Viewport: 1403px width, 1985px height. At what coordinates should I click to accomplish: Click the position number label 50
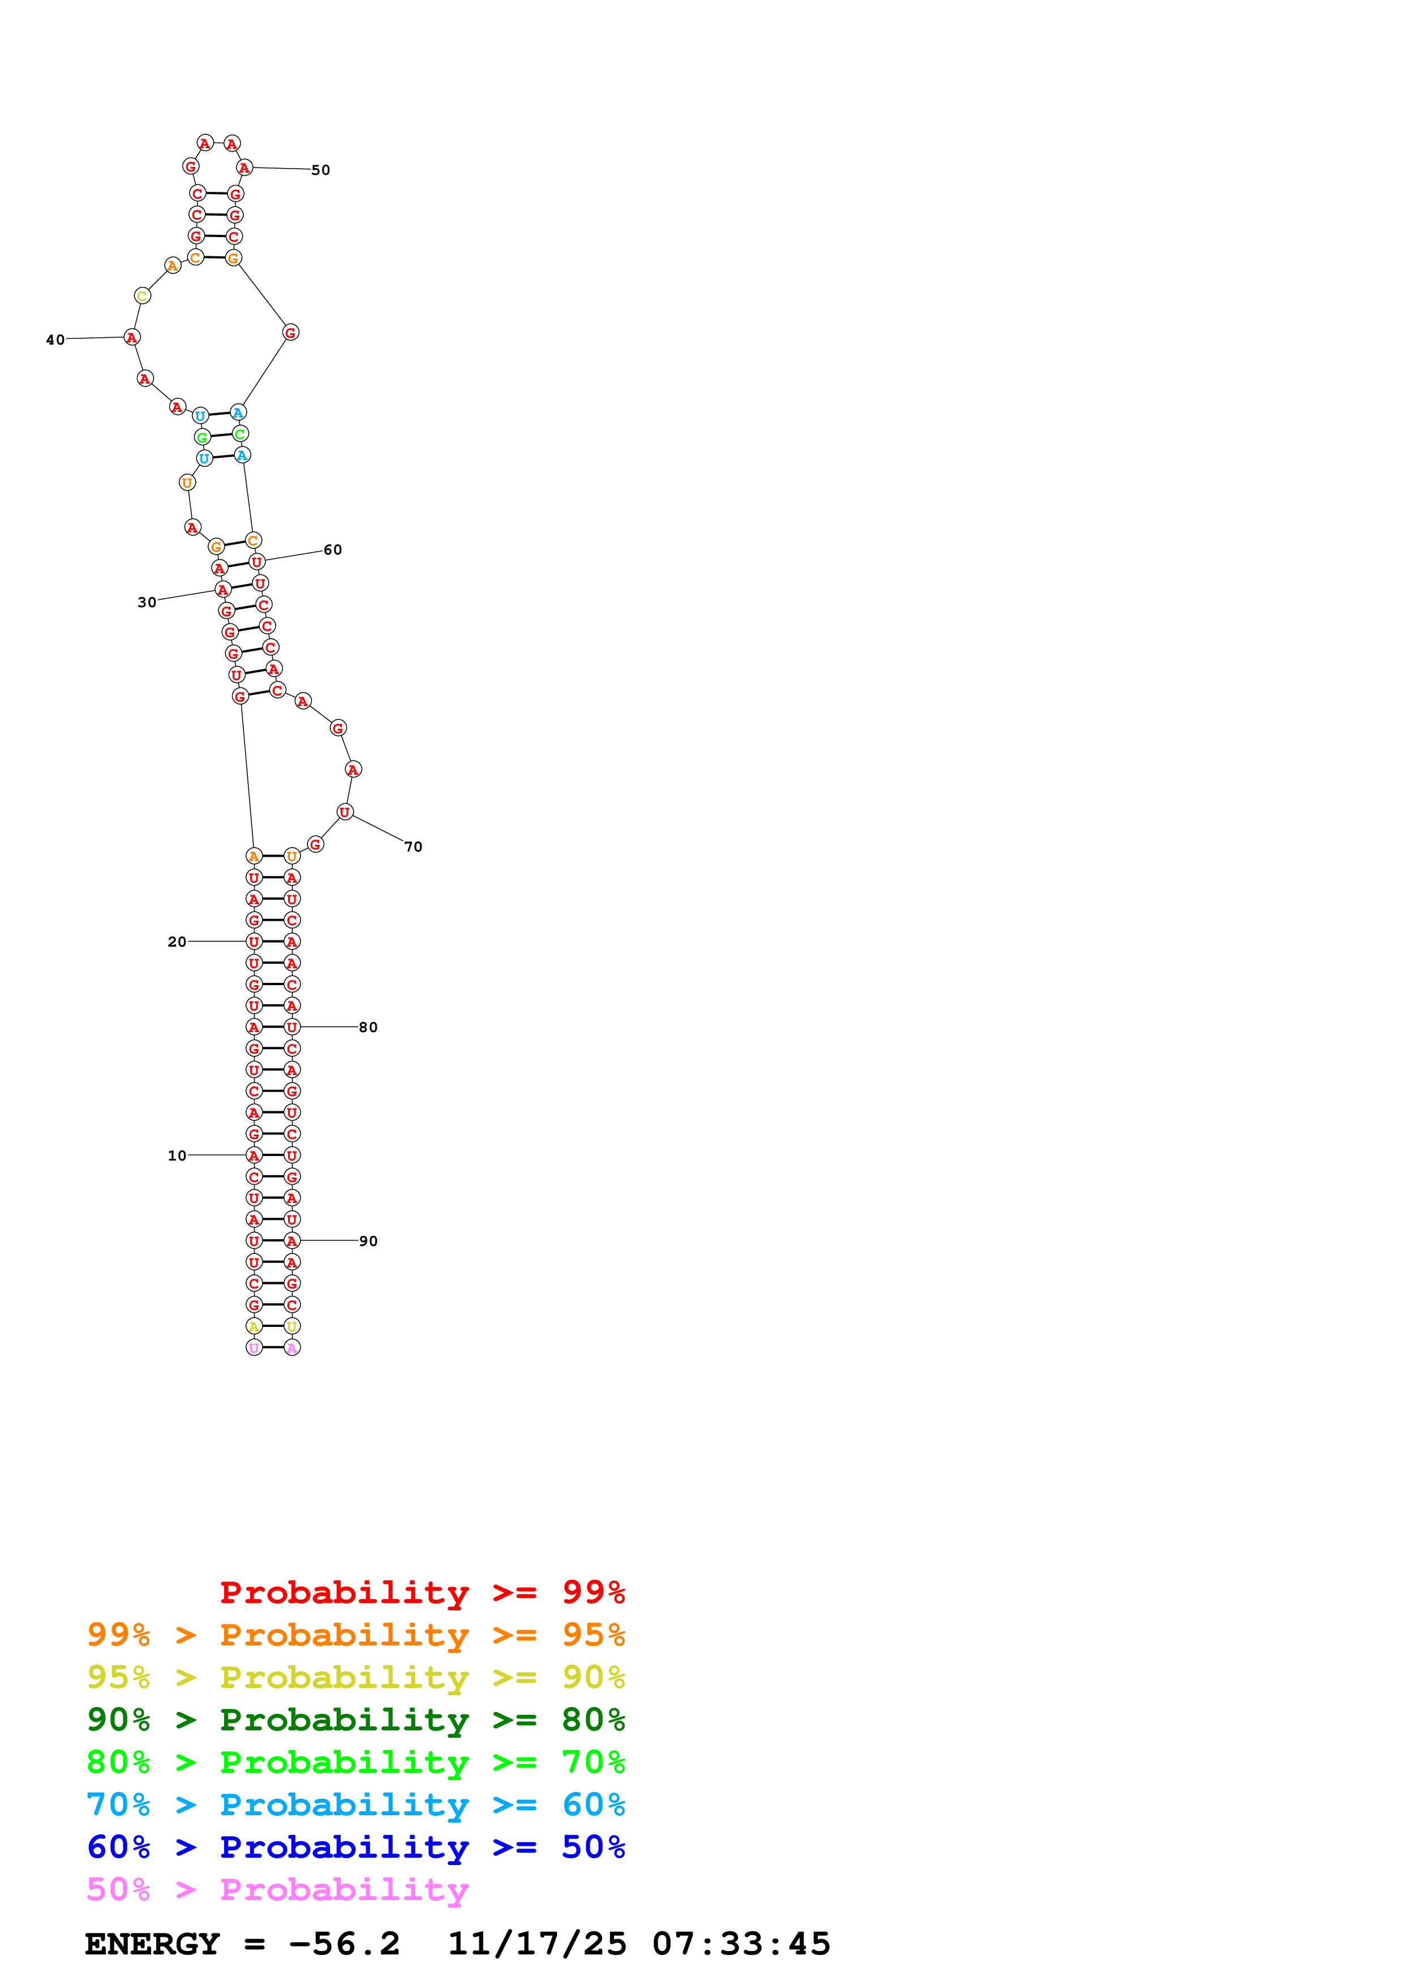point(321,170)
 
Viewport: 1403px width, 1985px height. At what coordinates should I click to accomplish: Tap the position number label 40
point(55,340)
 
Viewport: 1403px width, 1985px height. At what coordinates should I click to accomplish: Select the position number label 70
point(413,847)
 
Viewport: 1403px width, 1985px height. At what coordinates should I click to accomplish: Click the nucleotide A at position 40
point(131,337)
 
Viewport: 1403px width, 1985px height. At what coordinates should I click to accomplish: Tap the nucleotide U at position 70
point(345,812)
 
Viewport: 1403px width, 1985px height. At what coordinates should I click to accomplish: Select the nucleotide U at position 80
point(292,1027)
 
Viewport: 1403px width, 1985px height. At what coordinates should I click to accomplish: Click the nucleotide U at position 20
point(254,942)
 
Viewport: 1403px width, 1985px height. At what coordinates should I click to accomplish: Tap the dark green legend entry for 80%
point(356,1720)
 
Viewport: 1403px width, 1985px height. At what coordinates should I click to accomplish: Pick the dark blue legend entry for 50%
point(356,1847)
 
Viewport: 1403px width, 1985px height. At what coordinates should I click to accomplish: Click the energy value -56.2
point(344,1944)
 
